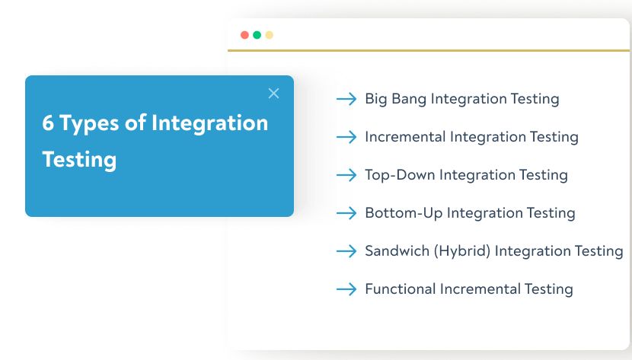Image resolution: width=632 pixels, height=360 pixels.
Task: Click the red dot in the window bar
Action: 244,35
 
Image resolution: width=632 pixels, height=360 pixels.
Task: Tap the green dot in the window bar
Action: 257,35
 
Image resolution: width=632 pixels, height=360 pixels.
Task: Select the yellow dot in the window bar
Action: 269,35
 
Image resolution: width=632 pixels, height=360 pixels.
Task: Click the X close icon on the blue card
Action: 274,94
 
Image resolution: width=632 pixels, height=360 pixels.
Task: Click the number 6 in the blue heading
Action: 48,123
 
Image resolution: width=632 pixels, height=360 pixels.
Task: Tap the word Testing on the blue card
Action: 79,160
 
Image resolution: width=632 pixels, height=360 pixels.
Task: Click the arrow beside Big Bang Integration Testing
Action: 346,99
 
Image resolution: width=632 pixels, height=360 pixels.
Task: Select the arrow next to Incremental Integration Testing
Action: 346,137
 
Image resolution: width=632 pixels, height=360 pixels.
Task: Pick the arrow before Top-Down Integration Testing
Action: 346,175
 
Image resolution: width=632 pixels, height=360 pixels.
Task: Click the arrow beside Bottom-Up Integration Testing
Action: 346,213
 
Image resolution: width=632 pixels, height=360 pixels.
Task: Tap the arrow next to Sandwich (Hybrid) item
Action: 346,251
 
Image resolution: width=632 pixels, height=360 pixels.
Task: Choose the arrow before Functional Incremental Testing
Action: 346,289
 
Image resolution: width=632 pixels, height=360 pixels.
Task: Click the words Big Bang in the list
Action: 396,99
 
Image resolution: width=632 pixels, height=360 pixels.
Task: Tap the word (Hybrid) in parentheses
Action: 461,251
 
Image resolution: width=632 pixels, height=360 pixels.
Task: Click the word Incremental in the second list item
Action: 405,137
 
